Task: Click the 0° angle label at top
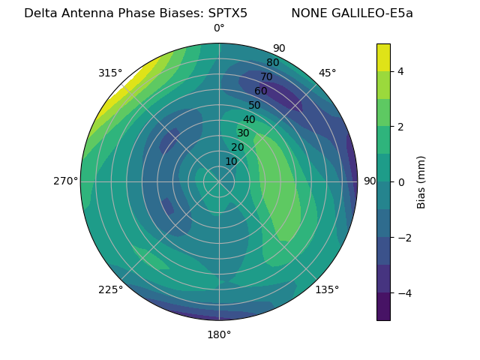coord(219,28)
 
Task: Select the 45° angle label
coord(327,73)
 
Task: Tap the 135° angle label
coord(327,289)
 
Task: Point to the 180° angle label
coord(219,334)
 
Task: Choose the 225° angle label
coord(110,290)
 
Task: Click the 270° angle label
coord(65,181)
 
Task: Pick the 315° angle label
coord(110,73)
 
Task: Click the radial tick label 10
coord(231,161)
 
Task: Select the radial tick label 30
coord(243,133)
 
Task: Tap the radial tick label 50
coord(255,105)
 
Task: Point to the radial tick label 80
coord(272,62)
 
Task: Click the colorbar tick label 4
coord(401,71)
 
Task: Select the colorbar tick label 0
coord(401,181)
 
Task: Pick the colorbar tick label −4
coord(403,292)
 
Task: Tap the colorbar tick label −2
coord(403,237)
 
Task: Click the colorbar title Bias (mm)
coord(421,181)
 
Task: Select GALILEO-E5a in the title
coord(372,13)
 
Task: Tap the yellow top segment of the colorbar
coord(383,57)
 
